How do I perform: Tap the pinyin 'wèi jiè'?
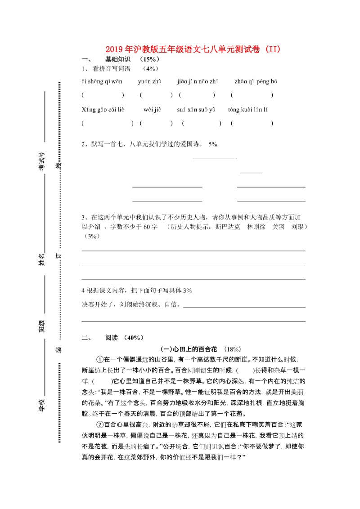(x=152, y=110)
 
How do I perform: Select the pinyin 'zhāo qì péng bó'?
(x=256, y=82)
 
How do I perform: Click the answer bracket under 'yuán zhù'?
(x=156, y=95)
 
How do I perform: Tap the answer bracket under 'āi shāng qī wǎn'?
(x=103, y=95)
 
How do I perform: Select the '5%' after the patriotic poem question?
(x=213, y=144)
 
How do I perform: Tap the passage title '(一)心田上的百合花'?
(x=189, y=349)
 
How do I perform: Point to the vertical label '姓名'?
(x=41, y=259)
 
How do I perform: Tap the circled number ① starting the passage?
(x=100, y=360)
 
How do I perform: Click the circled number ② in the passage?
(x=100, y=425)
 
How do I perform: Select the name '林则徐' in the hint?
(x=256, y=227)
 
